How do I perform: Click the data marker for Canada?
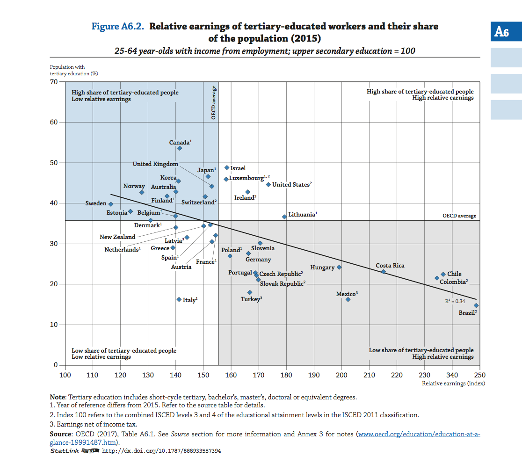(x=180, y=148)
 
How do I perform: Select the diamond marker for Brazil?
(x=476, y=305)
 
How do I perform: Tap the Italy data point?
(x=179, y=299)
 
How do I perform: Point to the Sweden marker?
(x=111, y=204)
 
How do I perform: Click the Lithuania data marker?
(x=284, y=217)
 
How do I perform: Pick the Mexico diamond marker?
(x=348, y=299)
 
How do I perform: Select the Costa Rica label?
(x=390, y=266)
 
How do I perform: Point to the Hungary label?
(x=322, y=268)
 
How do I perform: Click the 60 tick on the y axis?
(x=54, y=123)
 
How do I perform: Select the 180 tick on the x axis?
(x=286, y=375)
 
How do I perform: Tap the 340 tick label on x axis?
(x=452, y=375)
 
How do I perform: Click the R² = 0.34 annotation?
(x=455, y=302)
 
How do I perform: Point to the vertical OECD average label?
(x=214, y=102)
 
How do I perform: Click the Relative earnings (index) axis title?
(x=453, y=383)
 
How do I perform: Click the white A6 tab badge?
(x=501, y=32)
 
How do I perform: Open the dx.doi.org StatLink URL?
(x=161, y=451)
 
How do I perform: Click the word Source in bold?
(x=61, y=434)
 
